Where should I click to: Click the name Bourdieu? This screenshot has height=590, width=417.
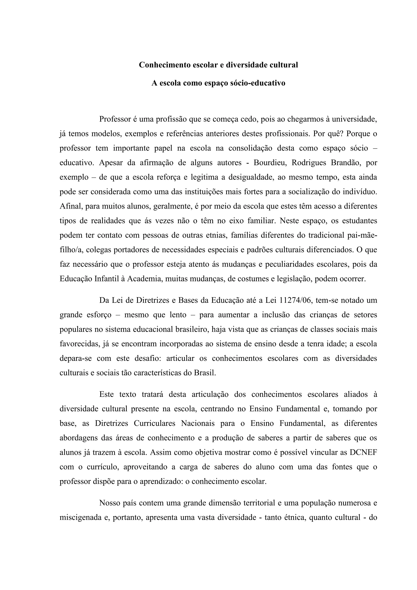[270, 163]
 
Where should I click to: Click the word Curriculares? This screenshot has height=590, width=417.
[154, 423]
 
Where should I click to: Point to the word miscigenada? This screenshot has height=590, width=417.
[80, 517]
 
